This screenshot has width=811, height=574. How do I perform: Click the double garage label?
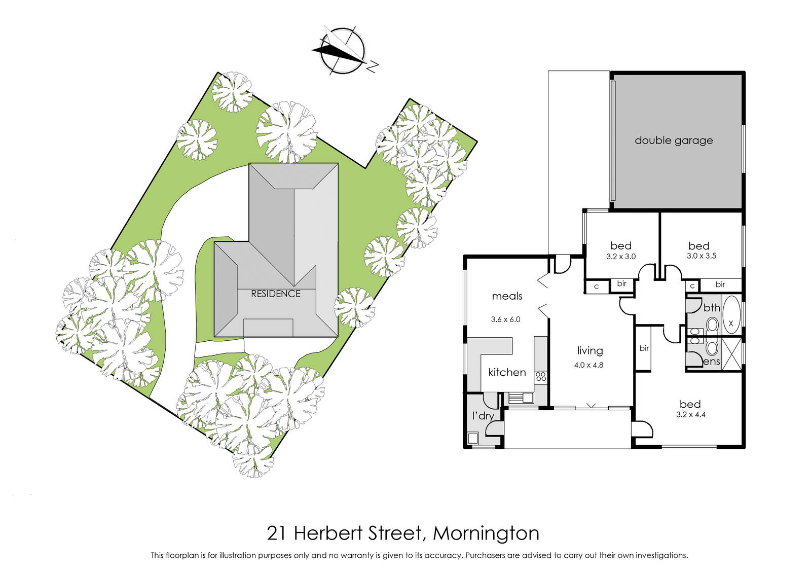pyautogui.click(x=674, y=140)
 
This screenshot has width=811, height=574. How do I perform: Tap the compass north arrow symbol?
pyautogui.click(x=343, y=51)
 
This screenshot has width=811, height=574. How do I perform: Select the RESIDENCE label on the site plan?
pyautogui.click(x=276, y=294)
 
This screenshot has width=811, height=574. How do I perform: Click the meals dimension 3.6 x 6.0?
pyautogui.click(x=505, y=319)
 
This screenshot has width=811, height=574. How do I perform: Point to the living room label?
pyautogui.click(x=590, y=350)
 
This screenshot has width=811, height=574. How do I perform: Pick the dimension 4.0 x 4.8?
pyautogui.click(x=588, y=365)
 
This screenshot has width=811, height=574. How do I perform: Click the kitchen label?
pyautogui.click(x=507, y=372)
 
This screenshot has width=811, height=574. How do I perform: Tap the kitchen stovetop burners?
pyautogui.click(x=541, y=376)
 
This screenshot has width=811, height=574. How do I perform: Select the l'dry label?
pyautogui.click(x=483, y=416)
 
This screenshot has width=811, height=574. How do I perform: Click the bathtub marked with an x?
pyautogui.click(x=731, y=315)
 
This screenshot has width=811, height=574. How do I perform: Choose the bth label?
pyautogui.click(x=712, y=308)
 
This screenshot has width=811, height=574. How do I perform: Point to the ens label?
pyautogui.click(x=712, y=362)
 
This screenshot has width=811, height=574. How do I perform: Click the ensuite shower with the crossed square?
pyautogui.click(x=731, y=354)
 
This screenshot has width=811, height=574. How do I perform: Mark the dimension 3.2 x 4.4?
pyautogui.click(x=691, y=415)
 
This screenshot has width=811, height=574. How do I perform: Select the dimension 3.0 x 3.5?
pyautogui.click(x=702, y=256)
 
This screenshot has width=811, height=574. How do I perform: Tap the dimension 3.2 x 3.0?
pyautogui.click(x=621, y=257)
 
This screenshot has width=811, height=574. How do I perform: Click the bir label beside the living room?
pyautogui.click(x=644, y=348)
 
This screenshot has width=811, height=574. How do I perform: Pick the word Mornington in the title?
pyautogui.click(x=486, y=533)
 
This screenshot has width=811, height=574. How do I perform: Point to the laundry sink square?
pyautogui.click(x=473, y=439)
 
